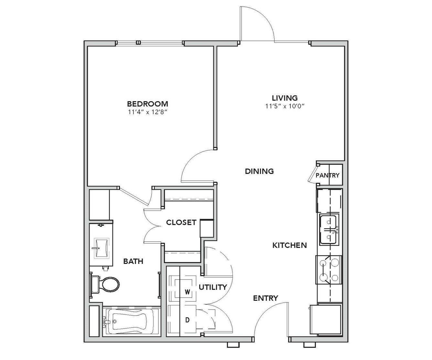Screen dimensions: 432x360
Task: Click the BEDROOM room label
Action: coord(147,104)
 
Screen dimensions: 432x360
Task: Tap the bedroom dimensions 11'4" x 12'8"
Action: coord(147,112)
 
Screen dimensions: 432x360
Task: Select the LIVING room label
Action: coord(285,98)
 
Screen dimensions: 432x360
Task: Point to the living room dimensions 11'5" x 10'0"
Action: coord(285,106)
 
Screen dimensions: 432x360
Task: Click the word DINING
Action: coord(259,171)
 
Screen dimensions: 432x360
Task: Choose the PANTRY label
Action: coord(327,175)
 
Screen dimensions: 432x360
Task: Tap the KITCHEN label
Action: coord(289,245)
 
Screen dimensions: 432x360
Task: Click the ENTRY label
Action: coord(265,298)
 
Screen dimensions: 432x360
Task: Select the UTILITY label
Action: coord(213,287)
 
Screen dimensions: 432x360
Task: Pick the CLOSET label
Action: coord(181,222)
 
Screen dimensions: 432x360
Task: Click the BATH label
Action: coord(133,261)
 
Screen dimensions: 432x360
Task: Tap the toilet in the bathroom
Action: coord(105,285)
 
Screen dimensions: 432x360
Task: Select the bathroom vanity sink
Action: coord(102,248)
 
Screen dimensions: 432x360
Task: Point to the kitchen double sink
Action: coord(329,230)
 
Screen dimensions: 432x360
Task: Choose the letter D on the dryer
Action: coord(187,320)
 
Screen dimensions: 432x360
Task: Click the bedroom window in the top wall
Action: coord(149,43)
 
